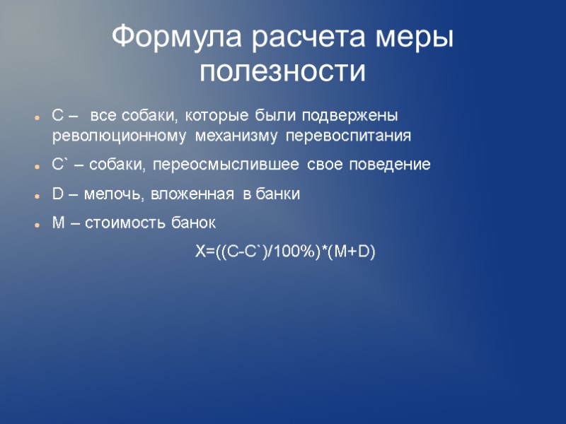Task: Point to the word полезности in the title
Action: [283, 71]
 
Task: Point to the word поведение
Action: [389, 165]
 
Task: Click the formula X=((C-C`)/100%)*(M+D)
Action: [285, 252]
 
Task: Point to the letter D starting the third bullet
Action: [58, 194]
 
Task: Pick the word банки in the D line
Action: [279, 194]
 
